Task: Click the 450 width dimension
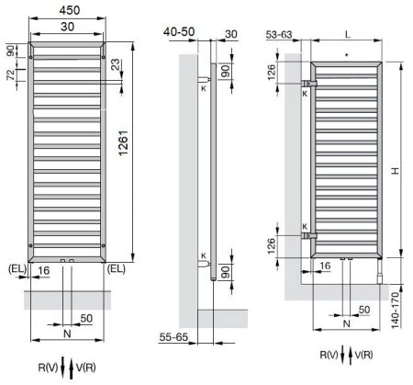(68, 10)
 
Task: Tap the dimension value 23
(115, 66)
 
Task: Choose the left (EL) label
(17, 268)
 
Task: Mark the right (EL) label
(117, 268)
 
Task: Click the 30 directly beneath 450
(68, 28)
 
